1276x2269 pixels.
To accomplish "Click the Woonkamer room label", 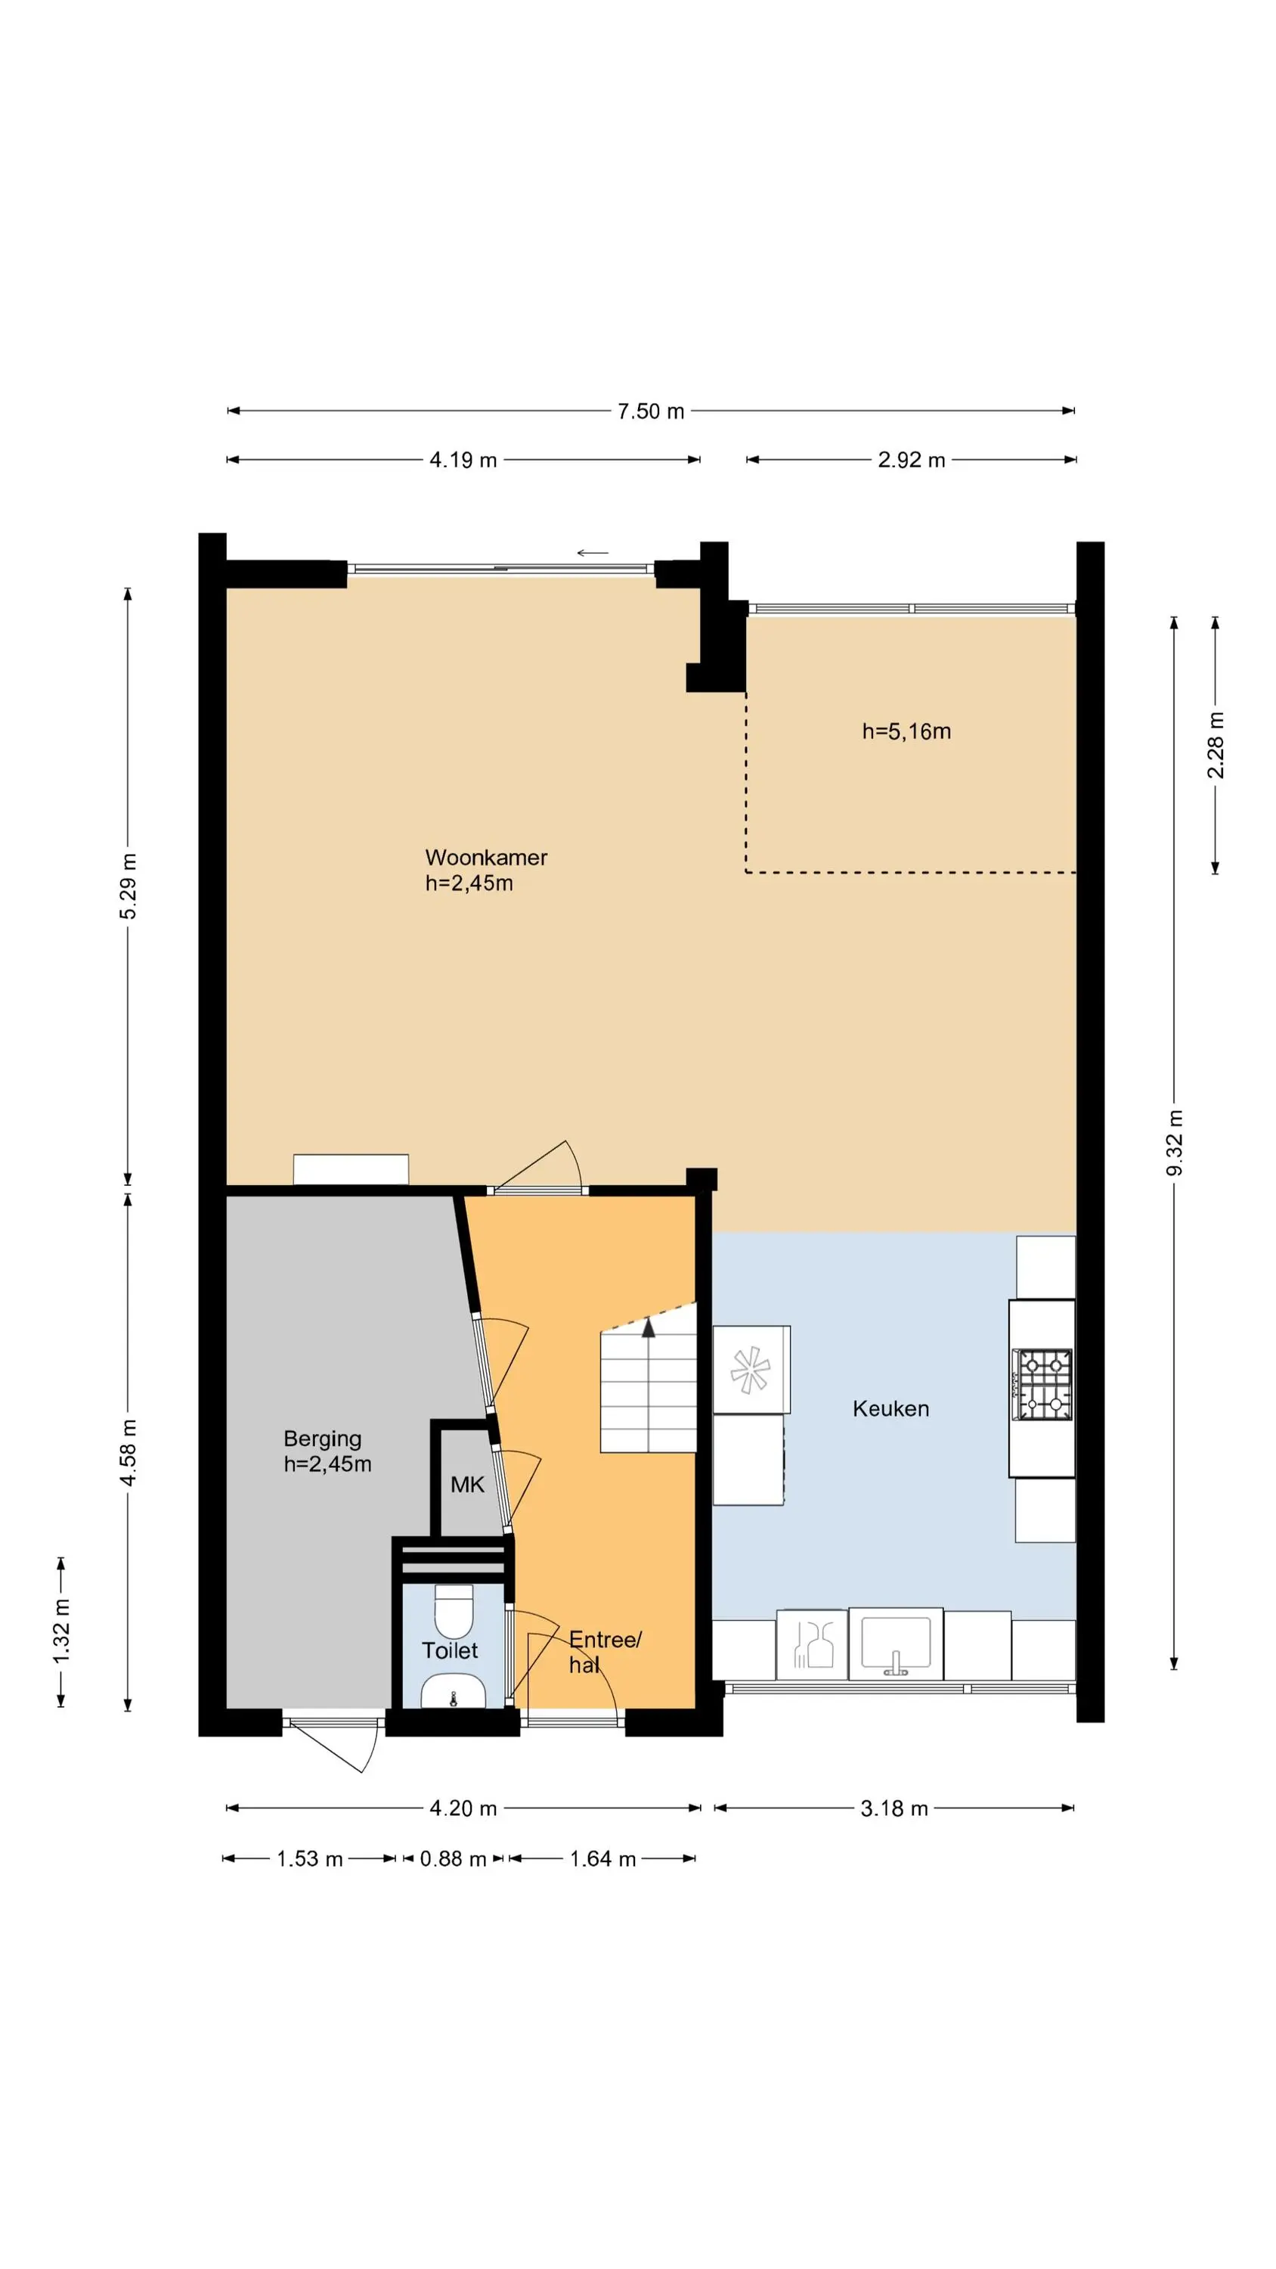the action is [x=486, y=858].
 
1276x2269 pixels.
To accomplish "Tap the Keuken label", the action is [x=890, y=1408].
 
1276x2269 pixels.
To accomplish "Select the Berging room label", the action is [x=322, y=1439].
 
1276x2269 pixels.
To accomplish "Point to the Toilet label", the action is [x=449, y=1650].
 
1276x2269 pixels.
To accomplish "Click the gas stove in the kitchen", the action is [x=1043, y=1385].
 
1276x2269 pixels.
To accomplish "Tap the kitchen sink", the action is [x=895, y=1644].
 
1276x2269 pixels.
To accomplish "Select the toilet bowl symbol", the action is [x=454, y=1609].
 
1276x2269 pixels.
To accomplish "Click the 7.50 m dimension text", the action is [x=651, y=411].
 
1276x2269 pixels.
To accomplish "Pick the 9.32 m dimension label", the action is [x=1174, y=1144].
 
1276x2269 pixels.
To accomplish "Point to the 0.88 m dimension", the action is [x=453, y=1858].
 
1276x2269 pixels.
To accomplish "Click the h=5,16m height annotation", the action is [x=906, y=731].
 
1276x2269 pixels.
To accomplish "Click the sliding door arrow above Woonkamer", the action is [x=593, y=553].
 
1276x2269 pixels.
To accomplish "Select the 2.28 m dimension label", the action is [x=1216, y=745].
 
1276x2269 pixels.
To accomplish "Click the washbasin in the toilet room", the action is [x=453, y=1691].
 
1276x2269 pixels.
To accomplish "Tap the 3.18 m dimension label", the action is [x=894, y=1808].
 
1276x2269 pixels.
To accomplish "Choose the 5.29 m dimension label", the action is [x=128, y=886].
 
